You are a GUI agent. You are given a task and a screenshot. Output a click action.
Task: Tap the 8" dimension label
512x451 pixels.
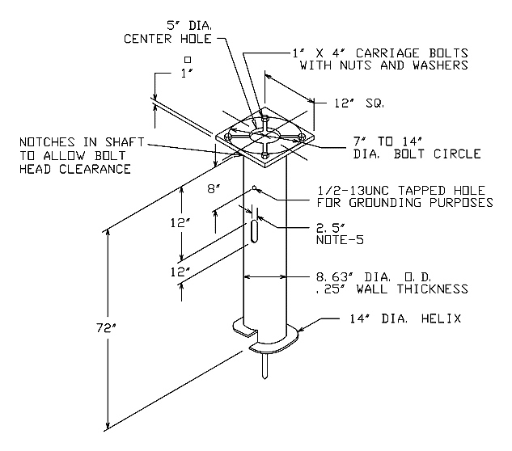pyautogui.click(x=214, y=188)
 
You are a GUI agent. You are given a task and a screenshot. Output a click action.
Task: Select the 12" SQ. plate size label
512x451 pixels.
pyautogui.click(x=359, y=103)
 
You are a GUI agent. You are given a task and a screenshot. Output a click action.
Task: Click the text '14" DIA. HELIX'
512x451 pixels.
pyautogui.click(x=405, y=318)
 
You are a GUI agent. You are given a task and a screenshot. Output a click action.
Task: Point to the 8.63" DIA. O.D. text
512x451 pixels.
pyautogui.click(x=374, y=277)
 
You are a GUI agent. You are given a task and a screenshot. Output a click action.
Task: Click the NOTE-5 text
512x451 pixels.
pyautogui.click(x=340, y=240)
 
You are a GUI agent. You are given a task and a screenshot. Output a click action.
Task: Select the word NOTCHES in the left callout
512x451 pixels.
pyautogui.click(x=48, y=142)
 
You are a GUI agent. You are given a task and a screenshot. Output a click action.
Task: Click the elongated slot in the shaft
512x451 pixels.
pyautogui.click(x=254, y=231)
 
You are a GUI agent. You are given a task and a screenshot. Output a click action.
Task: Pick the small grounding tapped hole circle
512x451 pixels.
pyautogui.click(x=254, y=188)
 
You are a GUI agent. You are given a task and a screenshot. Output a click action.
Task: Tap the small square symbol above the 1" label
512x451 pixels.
pyautogui.click(x=188, y=60)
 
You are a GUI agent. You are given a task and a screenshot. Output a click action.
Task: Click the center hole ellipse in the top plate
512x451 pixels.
pyautogui.click(x=264, y=136)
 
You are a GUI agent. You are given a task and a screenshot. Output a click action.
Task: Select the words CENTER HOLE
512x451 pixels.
pyautogui.click(x=167, y=39)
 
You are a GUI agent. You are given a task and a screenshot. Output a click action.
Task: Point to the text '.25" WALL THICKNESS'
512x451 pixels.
pyautogui.click(x=392, y=289)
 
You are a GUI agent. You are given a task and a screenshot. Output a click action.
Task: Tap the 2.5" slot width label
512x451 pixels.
pyautogui.click(x=331, y=228)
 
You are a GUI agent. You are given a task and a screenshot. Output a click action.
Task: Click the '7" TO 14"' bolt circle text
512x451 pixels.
pyautogui.click(x=387, y=141)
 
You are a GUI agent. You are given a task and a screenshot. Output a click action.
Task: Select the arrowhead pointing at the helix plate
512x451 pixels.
pyautogui.click(x=301, y=329)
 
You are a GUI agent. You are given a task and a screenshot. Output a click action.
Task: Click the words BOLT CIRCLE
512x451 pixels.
pyautogui.click(x=438, y=154)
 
